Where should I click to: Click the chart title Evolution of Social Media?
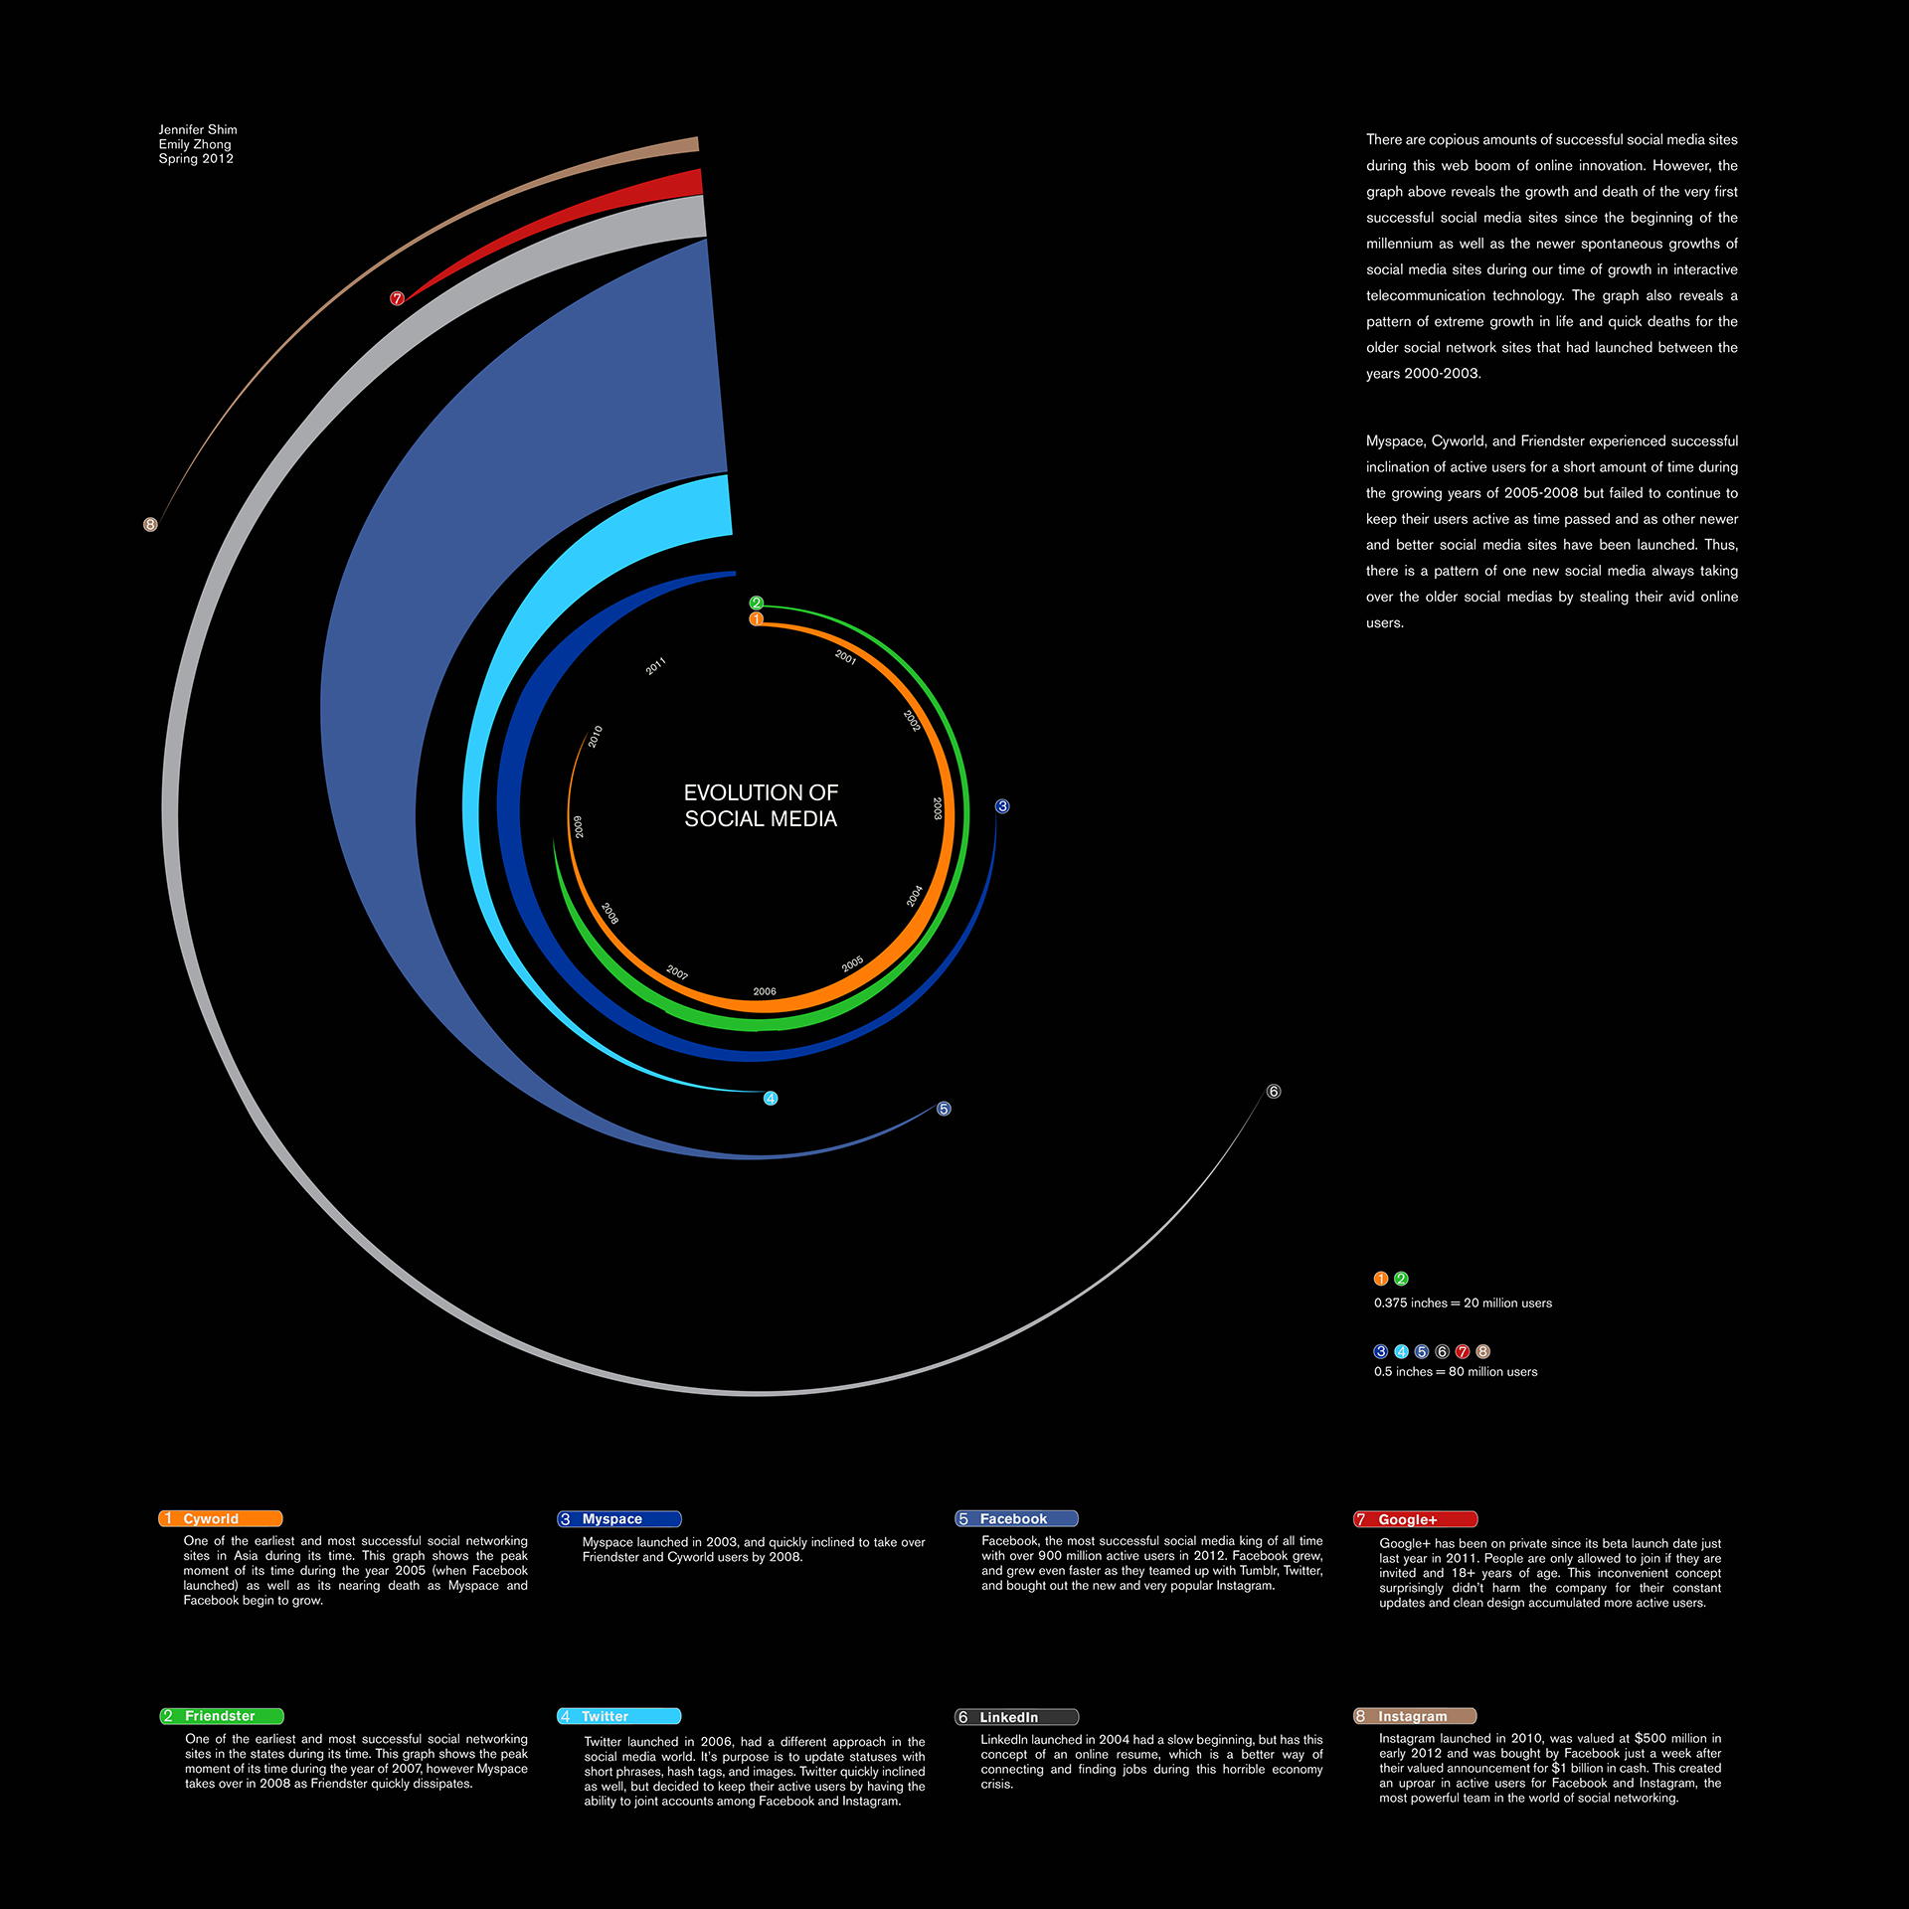coord(761,805)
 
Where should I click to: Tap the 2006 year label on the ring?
coord(764,991)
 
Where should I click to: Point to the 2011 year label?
coord(656,667)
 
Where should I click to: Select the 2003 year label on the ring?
coord(937,807)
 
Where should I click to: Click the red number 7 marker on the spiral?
coord(397,298)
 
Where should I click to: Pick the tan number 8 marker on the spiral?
coord(150,524)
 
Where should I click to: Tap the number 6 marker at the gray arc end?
coord(1274,1092)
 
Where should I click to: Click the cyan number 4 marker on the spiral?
coord(771,1099)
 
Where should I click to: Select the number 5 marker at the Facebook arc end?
coord(944,1109)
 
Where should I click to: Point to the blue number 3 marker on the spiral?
coord(1002,806)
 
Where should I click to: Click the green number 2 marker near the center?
coord(756,603)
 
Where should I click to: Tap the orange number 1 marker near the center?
coord(756,618)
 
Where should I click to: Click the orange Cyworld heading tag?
coord(221,1518)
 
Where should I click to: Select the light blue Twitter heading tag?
coord(618,1716)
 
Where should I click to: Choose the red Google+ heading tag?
coord(1415,1519)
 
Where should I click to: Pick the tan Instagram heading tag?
coord(1415,1716)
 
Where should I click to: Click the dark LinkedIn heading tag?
coord(1016,1717)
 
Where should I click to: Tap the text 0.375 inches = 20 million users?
coord(1463,1302)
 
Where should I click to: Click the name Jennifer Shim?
coord(198,129)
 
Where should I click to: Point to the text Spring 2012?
coord(196,158)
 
